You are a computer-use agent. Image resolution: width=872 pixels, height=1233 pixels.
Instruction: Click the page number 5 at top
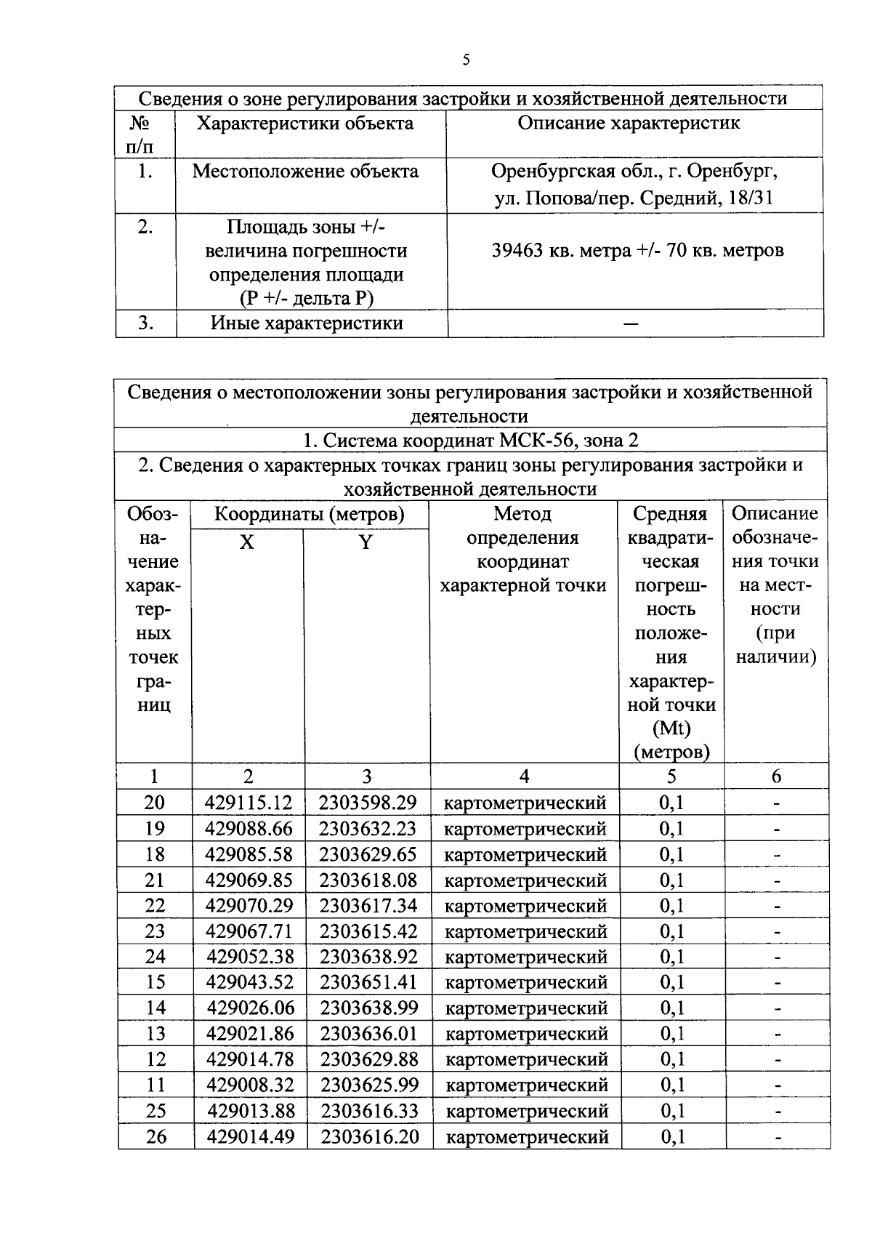coord(466,60)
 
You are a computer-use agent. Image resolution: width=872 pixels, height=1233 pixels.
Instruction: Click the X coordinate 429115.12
coord(249,803)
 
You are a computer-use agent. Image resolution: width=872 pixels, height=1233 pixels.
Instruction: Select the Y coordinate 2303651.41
coord(368,982)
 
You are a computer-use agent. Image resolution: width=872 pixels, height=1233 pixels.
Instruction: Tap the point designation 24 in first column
coord(155,957)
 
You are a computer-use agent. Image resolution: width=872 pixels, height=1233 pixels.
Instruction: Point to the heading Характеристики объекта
coord(305,123)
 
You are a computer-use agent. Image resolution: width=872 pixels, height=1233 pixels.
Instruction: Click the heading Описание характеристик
coord(629,123)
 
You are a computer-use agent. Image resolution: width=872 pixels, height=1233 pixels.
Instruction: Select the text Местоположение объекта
coord(305,172)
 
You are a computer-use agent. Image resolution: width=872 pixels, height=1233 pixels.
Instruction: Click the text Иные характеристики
coord(307,324)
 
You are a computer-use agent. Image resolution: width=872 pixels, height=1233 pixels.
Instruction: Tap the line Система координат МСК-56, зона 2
coord(471,441)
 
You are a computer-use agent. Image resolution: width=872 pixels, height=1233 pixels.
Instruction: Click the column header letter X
coord(247,542)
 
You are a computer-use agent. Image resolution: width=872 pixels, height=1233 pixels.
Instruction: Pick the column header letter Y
coord(366,542)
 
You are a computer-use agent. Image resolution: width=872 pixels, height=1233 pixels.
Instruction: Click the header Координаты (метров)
coord(309,515)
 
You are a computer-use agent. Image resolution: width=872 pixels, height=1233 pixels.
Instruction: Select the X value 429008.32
coord(250,1085)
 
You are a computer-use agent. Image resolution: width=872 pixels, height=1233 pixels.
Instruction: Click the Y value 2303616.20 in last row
coord(370,1137)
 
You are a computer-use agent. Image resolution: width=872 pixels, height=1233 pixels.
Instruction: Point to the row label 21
coord(154,880)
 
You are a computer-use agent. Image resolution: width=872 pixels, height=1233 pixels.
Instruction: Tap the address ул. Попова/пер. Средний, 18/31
coord(634,198)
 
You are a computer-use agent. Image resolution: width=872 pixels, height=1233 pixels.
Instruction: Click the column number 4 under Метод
coord(524,776)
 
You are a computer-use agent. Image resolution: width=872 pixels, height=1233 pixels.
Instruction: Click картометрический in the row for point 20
coord(525,803)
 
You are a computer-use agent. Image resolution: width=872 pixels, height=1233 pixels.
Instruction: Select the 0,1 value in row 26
coord(672,1137)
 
